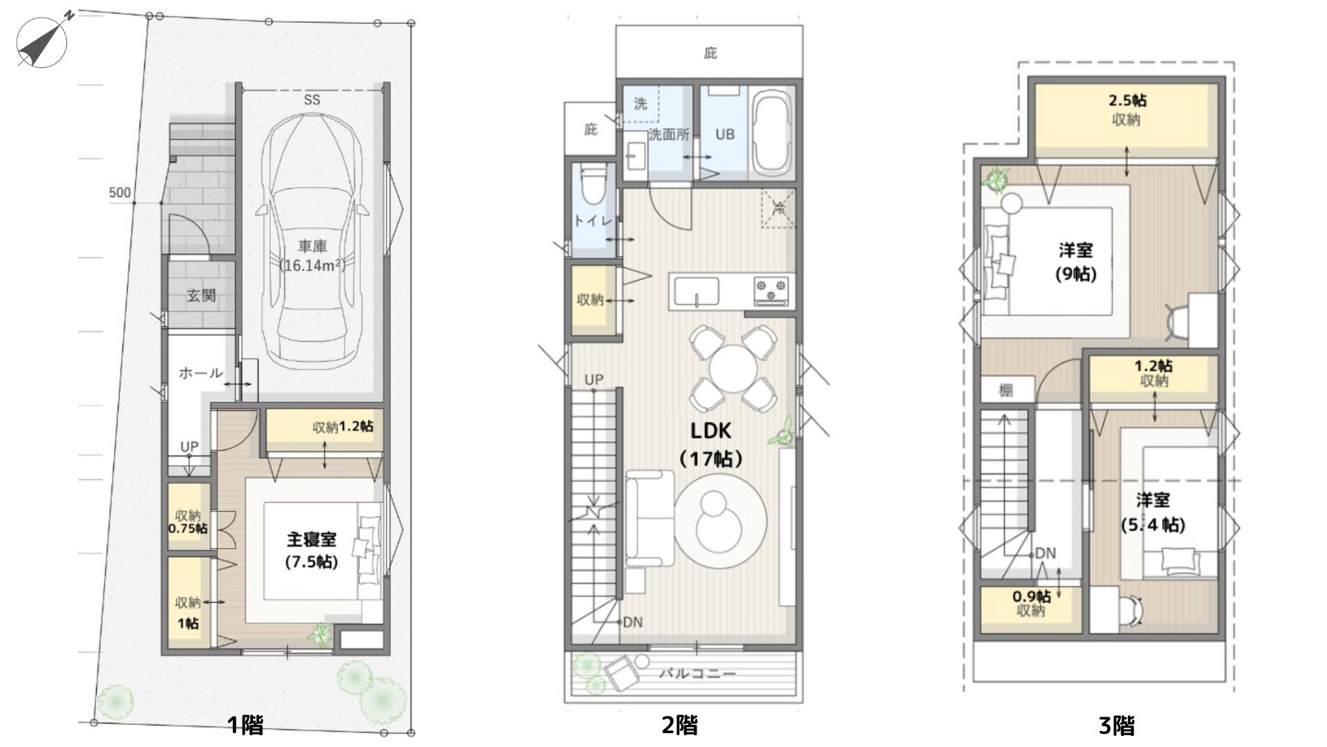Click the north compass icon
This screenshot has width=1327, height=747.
pyautogui.click(x=41, y=40)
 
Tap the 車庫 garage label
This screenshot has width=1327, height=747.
pyautogui.click(x=312, y=246)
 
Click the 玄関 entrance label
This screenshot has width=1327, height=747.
pyautogui.click(x=201, y=295)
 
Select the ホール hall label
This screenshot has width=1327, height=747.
pyautogui.click(x=201, y=373)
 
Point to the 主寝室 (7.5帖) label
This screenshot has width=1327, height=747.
pyautogui.click(x=312, y=550)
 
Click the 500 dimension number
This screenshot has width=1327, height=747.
pyautogui.click(x=120, y=192)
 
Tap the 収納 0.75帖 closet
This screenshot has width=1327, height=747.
pyautogui.click(x=189, y=517)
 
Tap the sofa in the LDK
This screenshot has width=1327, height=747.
pyautogui.click(x=650, y=518)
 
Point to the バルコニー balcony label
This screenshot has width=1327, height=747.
pyautogui.click(x=697, y=672)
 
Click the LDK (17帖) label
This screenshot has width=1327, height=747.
pyautogui.click(x=710, y=444)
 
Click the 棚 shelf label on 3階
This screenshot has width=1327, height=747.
pyautogui.click(x=1006, y=390)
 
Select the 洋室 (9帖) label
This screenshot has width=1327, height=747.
pyautogui.click(x=1075, y=261)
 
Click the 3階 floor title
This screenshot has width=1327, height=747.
pyautogui.click(x=1116, y=726)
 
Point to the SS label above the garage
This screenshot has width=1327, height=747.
pyautogui.click(x=312, y=100)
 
